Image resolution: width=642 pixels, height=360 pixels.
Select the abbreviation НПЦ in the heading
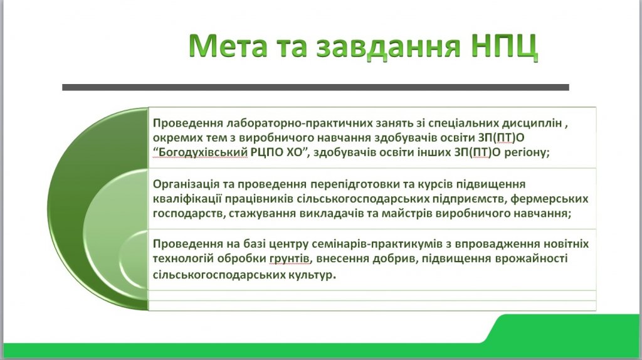click(503, 46)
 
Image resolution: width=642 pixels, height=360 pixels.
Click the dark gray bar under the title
click(315, 87)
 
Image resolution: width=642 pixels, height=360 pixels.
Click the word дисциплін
click(532, 124)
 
